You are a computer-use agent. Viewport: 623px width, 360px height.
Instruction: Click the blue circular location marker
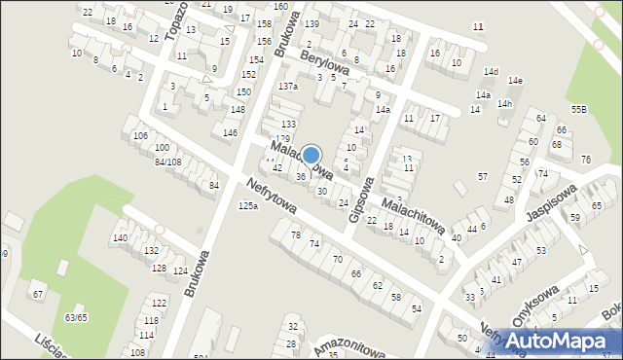(311, 155)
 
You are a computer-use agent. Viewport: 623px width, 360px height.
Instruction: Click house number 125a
(248, 205)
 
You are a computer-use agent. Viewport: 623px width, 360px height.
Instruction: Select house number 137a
(287, 87)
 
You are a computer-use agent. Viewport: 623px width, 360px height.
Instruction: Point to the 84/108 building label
(167, 162)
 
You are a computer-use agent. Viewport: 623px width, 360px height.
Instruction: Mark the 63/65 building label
(76, 317)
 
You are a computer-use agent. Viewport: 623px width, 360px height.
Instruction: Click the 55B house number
(579, 110)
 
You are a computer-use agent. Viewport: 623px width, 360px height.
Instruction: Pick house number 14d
(492, 72)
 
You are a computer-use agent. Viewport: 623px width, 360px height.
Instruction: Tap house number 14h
(504, 104)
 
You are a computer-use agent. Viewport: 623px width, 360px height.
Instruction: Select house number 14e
(515, 80)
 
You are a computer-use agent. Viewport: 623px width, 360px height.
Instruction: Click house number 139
(311, 23)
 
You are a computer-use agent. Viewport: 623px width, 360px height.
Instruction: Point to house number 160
(280, 6)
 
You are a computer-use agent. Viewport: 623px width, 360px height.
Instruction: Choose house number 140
(119, 238)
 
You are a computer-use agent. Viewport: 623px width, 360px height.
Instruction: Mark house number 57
(483, 176)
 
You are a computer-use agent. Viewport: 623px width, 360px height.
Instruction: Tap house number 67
(38, 294)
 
